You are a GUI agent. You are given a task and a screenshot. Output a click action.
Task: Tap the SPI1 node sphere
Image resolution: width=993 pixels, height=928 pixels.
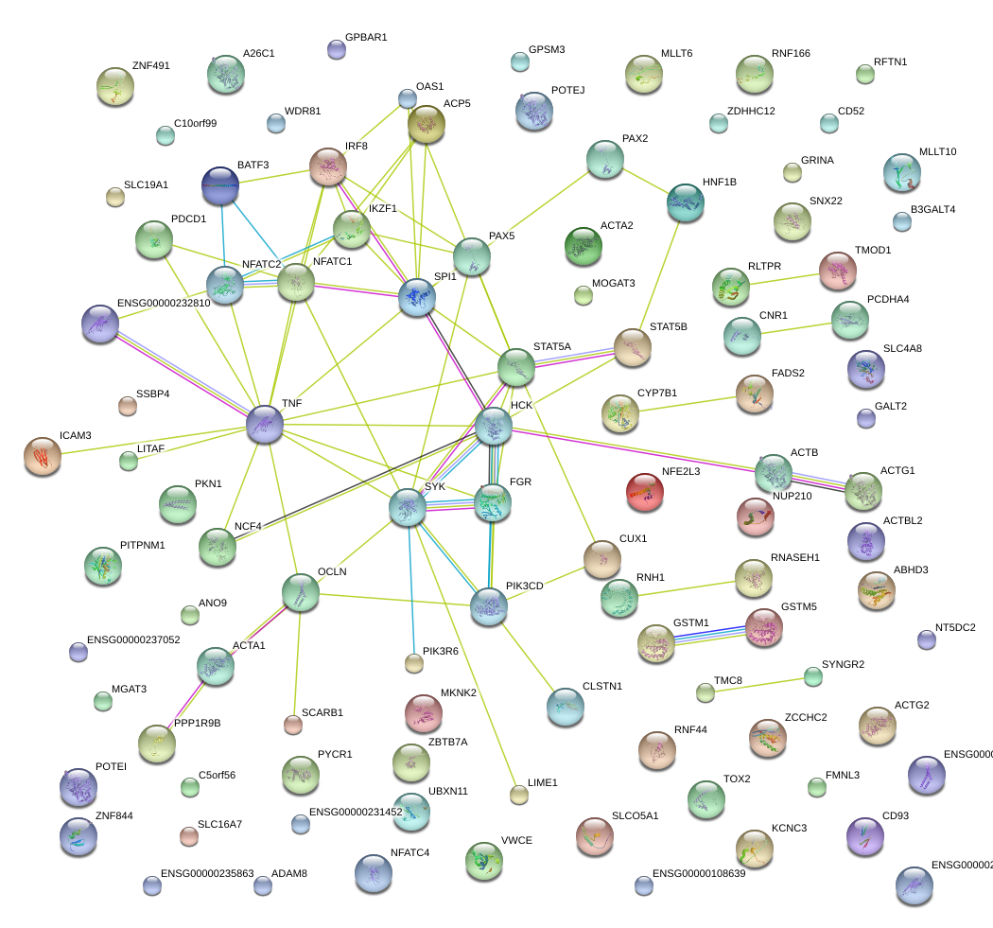point(416,297)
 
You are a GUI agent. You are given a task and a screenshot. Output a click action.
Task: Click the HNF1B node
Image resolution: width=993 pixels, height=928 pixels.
point(685,201)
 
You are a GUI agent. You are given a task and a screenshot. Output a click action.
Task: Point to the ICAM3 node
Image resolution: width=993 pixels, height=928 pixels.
point(42,456)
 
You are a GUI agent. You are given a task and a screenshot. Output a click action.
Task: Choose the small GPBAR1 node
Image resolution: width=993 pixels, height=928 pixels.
point(336,49)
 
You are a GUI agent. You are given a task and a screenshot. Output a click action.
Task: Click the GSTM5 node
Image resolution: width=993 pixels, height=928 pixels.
point(763,627)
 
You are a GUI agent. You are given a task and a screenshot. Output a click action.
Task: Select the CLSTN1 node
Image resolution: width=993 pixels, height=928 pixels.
point(566,706)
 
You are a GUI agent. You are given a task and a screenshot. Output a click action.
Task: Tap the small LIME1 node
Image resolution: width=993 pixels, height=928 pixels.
point(518,795)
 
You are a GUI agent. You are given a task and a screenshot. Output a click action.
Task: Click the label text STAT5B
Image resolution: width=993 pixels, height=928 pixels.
point(668,327)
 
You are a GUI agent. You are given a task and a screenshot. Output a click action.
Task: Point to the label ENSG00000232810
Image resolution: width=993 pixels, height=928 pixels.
point(163,304)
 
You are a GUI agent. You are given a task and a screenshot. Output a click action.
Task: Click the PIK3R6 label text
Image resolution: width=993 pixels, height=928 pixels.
point(440,651)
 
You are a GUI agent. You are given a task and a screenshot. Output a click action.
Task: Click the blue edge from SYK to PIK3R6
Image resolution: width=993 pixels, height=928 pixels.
point(410,587)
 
